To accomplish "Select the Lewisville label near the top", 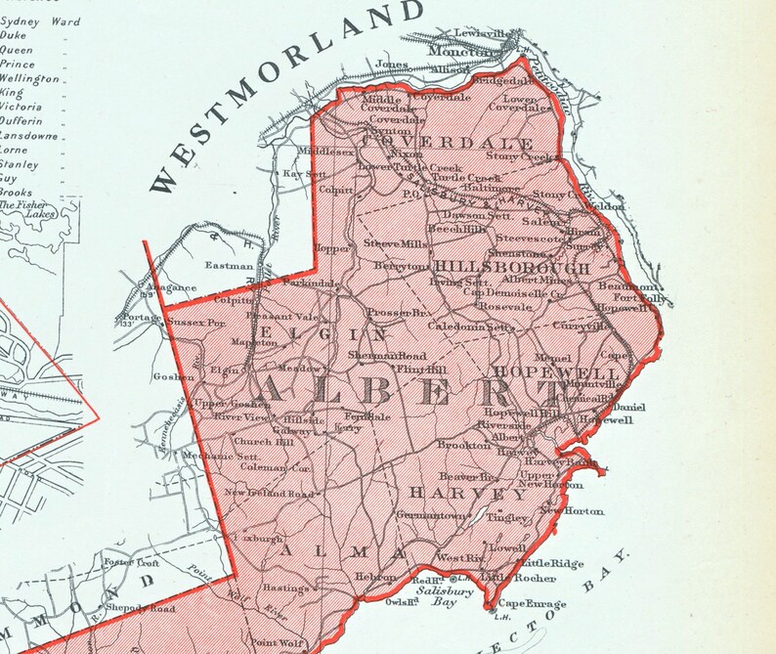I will pyautogui.click(x=483, y=33).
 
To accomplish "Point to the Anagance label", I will pyautogui.click(x=172, y=288).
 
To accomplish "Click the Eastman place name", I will pyautogui.click(x=222, y=265).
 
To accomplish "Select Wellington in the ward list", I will pyautogui.click(x=30, y=78).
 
